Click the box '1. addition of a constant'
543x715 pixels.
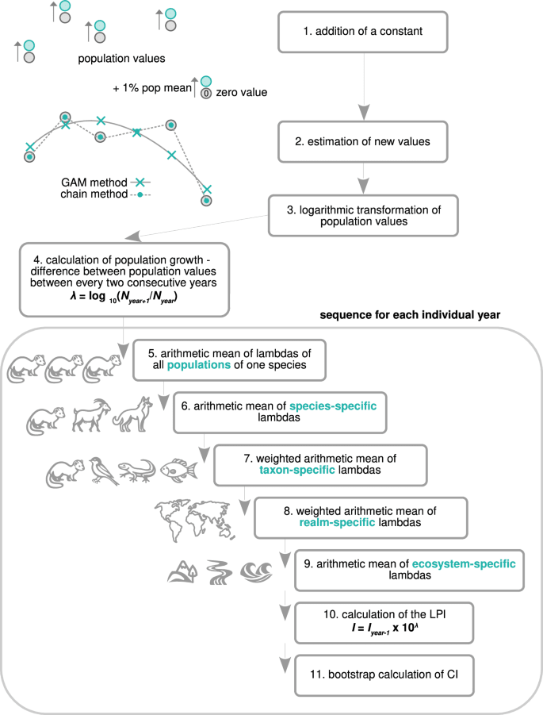click(363, 33)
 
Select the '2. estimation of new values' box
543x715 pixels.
click(363, 142)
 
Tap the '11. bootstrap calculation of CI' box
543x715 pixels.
click(384, 675)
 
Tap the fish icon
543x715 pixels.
click(178, 470)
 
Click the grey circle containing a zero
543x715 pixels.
click(205, 93)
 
